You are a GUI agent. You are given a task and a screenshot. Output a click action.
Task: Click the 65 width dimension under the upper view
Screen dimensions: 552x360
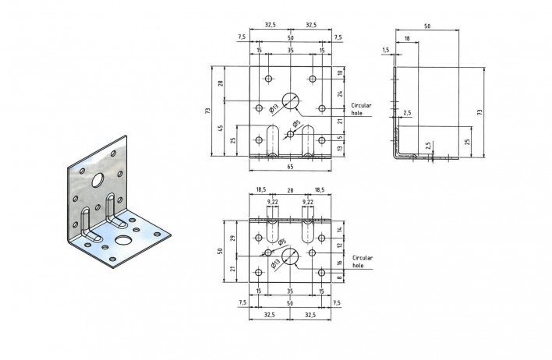click(x=290, y=167)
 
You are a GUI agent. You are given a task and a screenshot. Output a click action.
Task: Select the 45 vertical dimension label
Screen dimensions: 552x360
click(x=221, y=128)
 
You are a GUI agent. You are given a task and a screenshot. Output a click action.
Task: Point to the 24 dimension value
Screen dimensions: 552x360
click(x=340, y=94)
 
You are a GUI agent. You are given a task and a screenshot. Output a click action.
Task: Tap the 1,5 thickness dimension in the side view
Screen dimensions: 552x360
click(x=385, y=50)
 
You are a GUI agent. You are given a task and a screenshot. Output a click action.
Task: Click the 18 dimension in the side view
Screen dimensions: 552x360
click(x=407, y=38)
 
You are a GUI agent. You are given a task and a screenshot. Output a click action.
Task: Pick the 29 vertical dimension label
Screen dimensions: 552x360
click(x=232, y=238)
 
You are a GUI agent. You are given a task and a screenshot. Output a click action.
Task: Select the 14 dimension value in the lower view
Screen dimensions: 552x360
click(x=339, y=229)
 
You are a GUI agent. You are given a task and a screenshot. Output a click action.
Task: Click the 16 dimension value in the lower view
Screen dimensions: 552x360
click(x=339, y=263)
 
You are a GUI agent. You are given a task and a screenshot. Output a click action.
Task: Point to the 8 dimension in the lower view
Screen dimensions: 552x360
click(x=339, y=277)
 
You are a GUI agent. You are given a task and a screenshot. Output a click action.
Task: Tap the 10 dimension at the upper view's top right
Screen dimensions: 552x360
click(x=340, y=73)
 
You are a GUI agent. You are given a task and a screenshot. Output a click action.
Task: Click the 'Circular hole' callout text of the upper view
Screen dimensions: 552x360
click(x=361, y=109)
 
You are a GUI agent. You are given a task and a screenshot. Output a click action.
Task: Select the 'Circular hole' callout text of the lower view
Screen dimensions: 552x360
click(x=363, y=262)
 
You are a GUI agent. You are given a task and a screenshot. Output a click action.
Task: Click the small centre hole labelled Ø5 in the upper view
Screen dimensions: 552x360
click(x=290, y=134)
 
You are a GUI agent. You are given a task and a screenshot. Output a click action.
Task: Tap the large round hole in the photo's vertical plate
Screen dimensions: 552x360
click(x=97, y=180)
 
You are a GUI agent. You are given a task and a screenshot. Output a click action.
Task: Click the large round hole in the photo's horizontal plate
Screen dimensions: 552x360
click(x=122, y=240)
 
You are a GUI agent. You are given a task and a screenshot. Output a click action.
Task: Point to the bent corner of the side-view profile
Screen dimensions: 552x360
click(x=397, y=155)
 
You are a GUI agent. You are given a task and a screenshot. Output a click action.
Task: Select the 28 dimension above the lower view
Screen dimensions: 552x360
click(x=290, y=190)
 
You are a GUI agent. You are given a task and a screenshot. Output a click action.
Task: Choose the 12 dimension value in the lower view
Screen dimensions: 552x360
click(x=339, y=245)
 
